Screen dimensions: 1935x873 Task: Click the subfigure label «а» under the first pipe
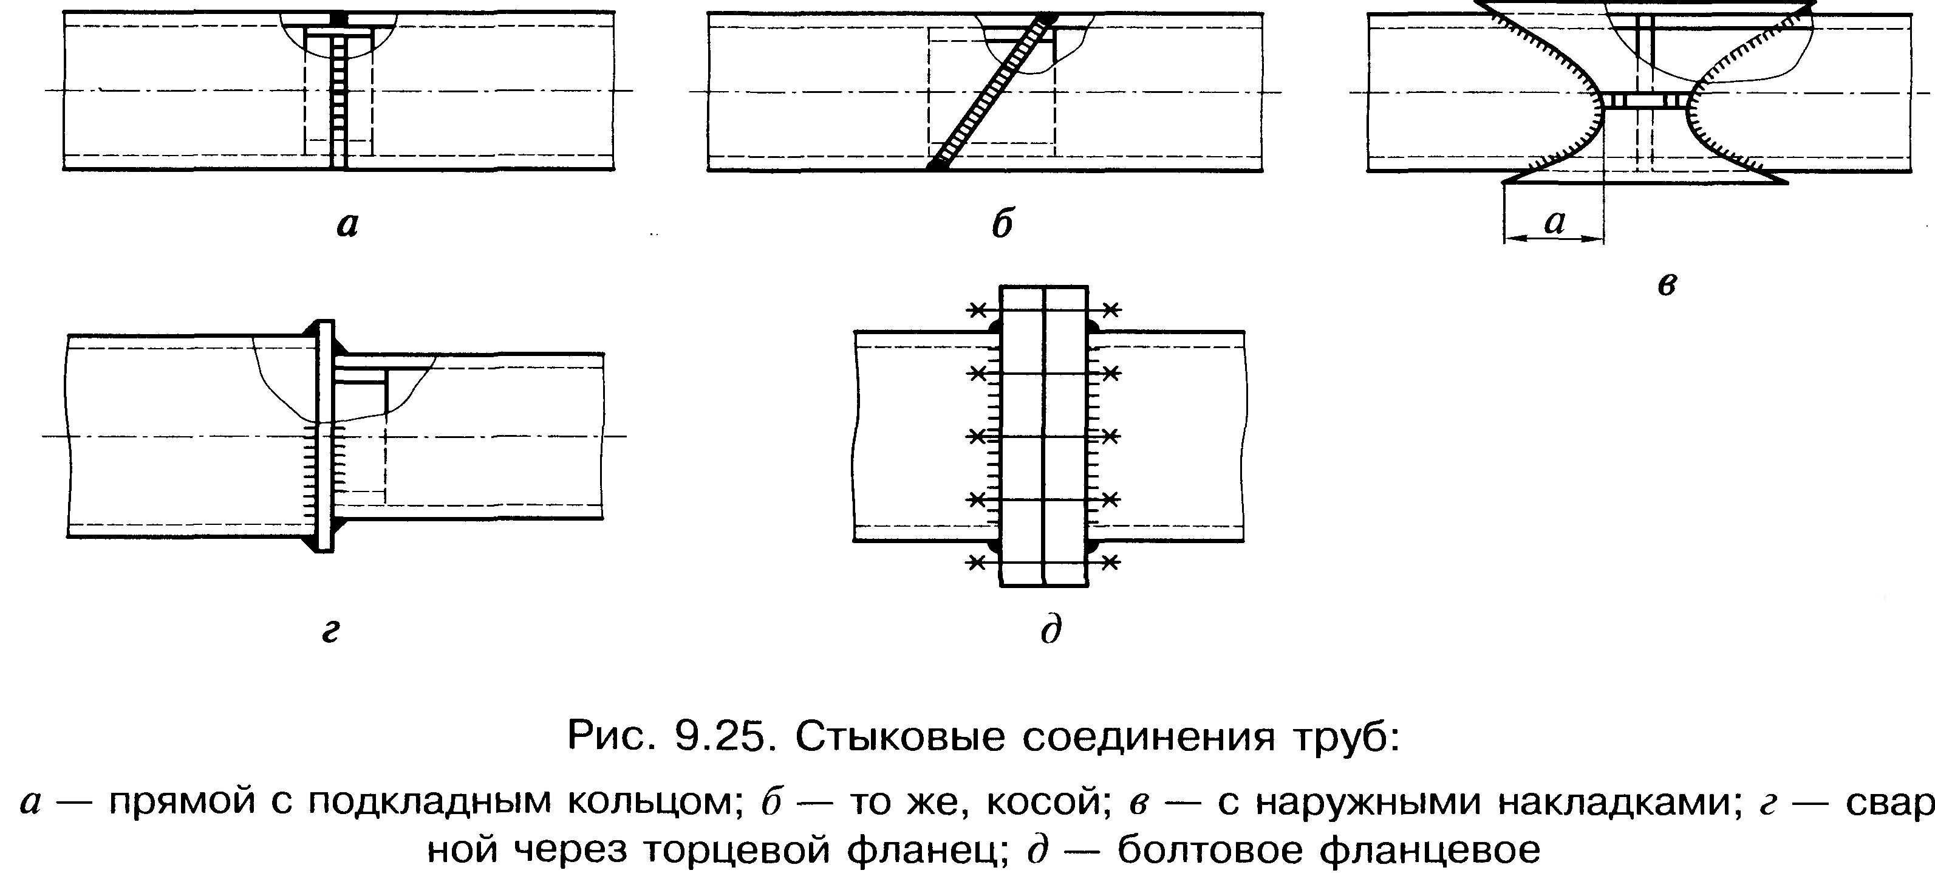[347, 225]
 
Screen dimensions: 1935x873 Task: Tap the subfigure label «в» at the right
[1667, 286]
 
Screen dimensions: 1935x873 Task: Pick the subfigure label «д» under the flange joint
[1051, 629]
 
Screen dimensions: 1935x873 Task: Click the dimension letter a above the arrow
[1554, 221]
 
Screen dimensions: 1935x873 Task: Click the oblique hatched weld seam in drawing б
[990, 92]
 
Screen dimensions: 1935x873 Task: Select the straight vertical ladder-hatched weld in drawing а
[339, 90]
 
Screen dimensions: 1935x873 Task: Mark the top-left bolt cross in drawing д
[977, 310]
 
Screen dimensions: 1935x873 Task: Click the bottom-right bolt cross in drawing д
[1111, 561]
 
